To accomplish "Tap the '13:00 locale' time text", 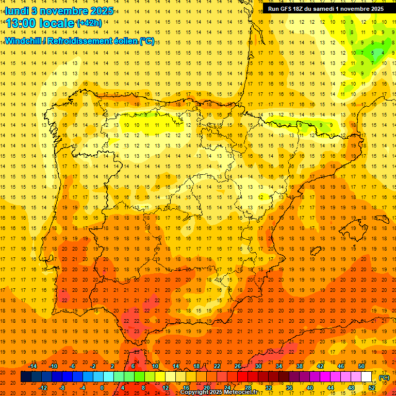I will [x=40, y=23].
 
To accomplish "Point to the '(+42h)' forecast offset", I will [x=89, y=23].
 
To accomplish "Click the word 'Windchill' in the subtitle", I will [x=24, y=41].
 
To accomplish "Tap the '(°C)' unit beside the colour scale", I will [x=384, y=377].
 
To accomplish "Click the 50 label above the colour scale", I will [x=361, y=366].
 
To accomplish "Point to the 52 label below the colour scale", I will [x=372, y=388].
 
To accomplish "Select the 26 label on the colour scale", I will [x=238, y=366].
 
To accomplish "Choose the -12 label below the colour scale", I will [x=43, y=388].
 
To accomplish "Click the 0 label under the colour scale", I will [x=103, y=388].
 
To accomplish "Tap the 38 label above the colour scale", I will [x=300, y=366].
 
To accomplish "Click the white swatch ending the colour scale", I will [x=367, y=377].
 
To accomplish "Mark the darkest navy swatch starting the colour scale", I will [x=26, y=377].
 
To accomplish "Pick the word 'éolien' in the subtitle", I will [x=124, y=41].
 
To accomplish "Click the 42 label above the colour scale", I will [x=320, y=366].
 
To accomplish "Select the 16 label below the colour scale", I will [x=186, y=388].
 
